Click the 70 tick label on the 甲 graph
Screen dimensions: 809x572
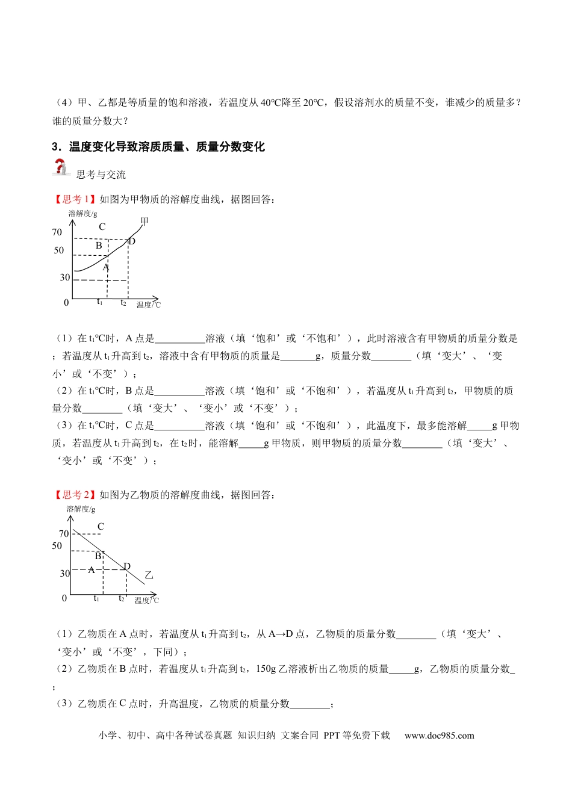coord(57,232)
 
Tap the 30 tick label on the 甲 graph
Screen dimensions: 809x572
coord(65,277)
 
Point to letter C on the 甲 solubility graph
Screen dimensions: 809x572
coord(102,227)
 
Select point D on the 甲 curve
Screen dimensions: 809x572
coord(131,241)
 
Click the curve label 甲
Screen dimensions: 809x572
coord(145,222)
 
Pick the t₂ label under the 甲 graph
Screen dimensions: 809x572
coord(123,303)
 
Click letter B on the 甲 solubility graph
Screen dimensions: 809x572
coord(99,246)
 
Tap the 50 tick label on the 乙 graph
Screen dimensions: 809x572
coord(57,546)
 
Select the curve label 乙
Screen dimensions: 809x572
coord(149,575)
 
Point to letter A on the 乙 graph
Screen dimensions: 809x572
coord(92,570)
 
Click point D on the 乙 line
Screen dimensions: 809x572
coord(126,567)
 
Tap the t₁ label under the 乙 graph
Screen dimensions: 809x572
coord(96,598)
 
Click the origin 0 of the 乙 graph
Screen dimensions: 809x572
coord(64,598)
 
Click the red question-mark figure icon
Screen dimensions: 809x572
coord(61,168)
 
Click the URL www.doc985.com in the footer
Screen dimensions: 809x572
coord(439,736)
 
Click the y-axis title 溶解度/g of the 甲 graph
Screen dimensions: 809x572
coord(82,213)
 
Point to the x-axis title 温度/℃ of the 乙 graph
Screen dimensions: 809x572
coord(147,600)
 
